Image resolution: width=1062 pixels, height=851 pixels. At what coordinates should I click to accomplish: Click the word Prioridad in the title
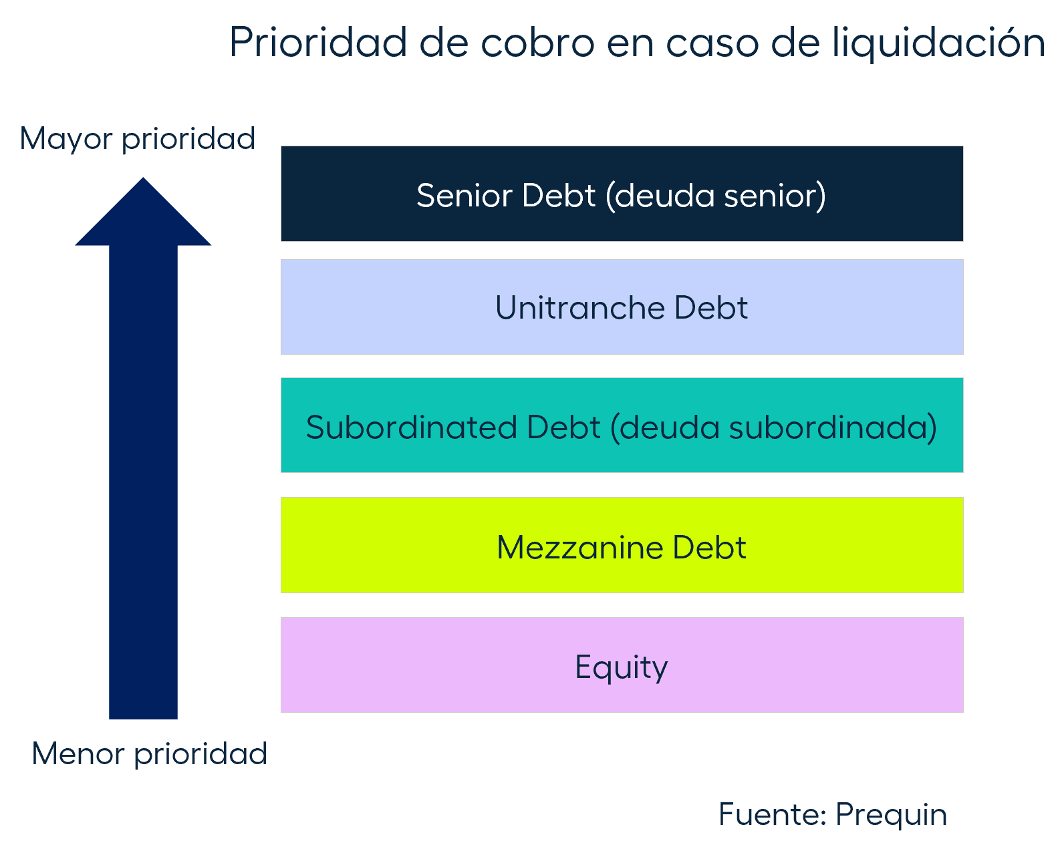(x=318, y=42)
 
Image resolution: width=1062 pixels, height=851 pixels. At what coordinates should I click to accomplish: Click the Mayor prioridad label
(x=138, y=140)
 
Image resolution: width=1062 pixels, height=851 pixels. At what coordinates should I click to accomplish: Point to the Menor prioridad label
(x=150, y=754)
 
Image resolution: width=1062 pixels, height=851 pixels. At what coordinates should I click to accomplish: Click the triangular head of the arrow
(x=143, y=212)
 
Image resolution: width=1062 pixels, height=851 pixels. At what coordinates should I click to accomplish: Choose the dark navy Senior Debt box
(x=622, y=194)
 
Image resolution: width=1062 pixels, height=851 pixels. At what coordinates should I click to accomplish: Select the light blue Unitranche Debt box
(x=622, y=307)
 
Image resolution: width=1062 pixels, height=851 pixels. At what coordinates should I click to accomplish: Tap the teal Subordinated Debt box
(x=622, y=425)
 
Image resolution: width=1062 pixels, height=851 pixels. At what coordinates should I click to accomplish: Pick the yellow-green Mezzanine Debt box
(x=622, y=545)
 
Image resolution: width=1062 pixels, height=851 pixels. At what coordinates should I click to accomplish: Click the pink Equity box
(x=622, y=665)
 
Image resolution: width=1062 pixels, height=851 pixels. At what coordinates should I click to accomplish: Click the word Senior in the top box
(x=465, y=196)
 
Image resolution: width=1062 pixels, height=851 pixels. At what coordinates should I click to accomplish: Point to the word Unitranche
(x=580, y=309)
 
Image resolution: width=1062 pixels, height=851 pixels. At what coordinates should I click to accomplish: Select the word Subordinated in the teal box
(x=412, y=428)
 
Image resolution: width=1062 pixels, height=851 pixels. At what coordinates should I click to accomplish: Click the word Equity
(x=622, y=667)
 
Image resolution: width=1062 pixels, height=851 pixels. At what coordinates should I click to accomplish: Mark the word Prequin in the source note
(x=892, y=815)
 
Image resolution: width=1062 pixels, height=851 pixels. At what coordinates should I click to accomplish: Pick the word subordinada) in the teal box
(x=833, y=428)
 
